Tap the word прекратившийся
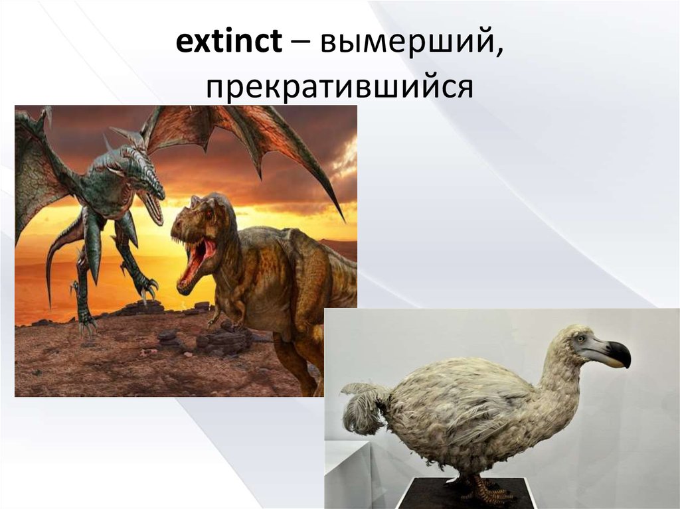click(x=339, y=86)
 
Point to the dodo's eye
click(x=582, y=340)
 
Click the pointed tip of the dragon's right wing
click(x=343, y=218)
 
